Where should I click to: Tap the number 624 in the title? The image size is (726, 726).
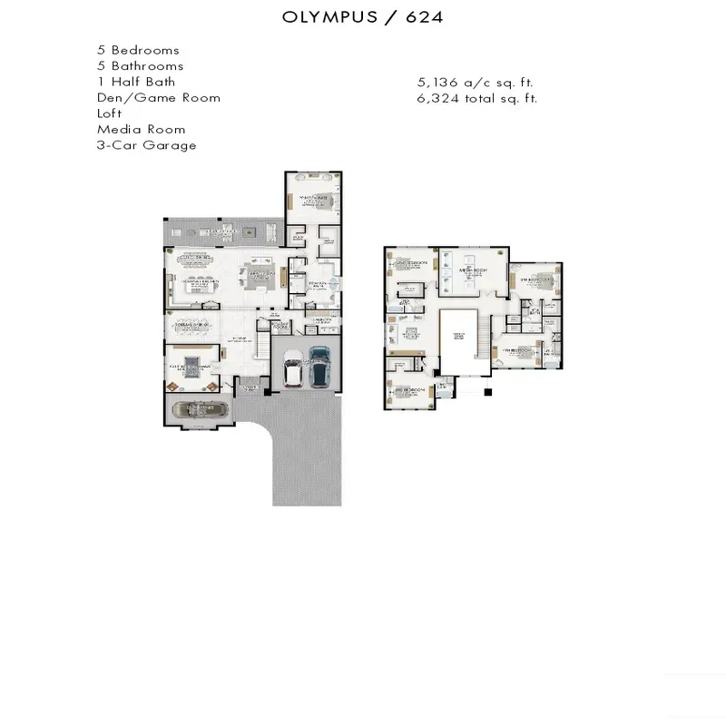(x=423, y=17)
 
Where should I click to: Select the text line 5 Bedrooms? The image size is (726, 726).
(x=138, y=50)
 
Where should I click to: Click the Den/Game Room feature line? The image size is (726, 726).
(x=158, y=97)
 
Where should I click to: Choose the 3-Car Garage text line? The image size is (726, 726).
(x=146, y=145)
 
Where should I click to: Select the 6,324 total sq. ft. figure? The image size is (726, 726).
(x=476, y=98)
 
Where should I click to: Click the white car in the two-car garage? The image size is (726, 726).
(x=294, y=368)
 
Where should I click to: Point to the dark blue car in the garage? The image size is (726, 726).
(x=319, y=366)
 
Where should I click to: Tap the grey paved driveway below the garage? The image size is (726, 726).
(x=307, y=463)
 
